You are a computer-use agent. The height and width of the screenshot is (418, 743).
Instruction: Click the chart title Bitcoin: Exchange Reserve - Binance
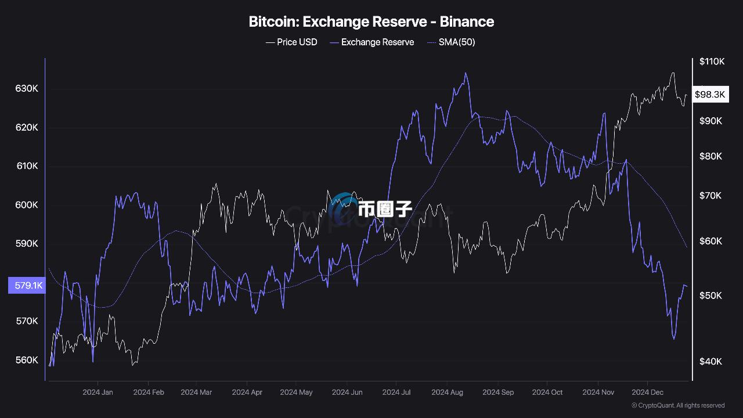tap(371, 22)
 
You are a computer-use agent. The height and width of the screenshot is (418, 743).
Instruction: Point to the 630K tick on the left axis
tap(27, 89)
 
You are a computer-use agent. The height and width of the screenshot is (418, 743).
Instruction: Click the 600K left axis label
tap(27, 205)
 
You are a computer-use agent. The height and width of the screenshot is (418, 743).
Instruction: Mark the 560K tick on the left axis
tap(27, 360)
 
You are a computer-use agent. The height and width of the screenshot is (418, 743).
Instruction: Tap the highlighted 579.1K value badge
tap(27, 286)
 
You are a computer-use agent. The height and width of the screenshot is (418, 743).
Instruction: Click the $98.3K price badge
tap(710, 95)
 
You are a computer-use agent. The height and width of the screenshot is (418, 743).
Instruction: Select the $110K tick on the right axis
tap(712, 62)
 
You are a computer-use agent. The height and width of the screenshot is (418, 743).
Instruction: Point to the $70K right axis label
tap(710, 196)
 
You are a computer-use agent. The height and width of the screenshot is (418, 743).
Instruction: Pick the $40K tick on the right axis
tap(710, 361)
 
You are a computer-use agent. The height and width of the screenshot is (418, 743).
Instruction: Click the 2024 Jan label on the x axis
tap(98, 392)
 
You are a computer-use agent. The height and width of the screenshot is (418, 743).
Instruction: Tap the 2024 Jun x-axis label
tap(347, 392)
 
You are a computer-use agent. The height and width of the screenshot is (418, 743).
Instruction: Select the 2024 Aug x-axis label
tap(447, 392)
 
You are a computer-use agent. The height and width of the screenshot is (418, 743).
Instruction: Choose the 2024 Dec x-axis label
tap(648, 392)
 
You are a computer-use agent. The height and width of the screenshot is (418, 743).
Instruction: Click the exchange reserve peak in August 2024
tap(466, 73)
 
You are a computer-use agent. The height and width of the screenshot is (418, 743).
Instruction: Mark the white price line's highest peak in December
tap(673, 73)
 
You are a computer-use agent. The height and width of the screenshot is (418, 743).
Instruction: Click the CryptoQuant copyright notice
tap(678, 405)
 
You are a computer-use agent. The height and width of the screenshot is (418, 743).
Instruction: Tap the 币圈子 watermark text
tap(384, 208)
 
